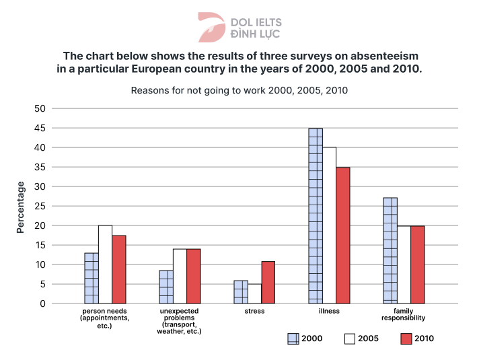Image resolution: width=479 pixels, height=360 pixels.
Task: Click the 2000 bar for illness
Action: pos(316,216)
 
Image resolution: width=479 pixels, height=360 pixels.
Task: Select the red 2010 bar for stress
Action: pos(268,283)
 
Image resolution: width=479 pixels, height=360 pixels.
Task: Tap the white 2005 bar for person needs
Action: pos(105,264)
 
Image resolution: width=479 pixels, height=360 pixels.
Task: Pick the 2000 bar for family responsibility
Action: pos(390,250)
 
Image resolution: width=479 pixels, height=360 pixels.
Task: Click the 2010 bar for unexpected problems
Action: pos(194,277)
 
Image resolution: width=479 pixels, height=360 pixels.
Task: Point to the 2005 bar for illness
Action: pos(330,225)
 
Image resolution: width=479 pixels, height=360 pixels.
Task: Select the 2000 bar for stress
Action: pos(241,292)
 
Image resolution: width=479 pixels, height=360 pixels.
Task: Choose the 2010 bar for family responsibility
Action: pos(417,265)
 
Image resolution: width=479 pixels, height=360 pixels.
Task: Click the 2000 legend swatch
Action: pos(293,338)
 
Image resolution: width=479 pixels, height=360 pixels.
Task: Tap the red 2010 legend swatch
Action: pos(406,338)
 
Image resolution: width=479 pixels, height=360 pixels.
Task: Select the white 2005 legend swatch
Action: pos(349,338)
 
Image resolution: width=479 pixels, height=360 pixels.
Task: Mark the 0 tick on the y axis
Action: pos(42,303)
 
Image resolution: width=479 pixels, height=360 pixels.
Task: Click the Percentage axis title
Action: pos(20,207)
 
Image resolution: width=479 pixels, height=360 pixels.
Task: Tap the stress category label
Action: pos(254,312)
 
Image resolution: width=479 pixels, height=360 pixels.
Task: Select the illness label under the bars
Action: pos(329,312)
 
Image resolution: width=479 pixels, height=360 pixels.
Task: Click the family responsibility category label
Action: pos(404,315)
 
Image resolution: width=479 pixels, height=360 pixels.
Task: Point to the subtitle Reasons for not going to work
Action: pos(239,90)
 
